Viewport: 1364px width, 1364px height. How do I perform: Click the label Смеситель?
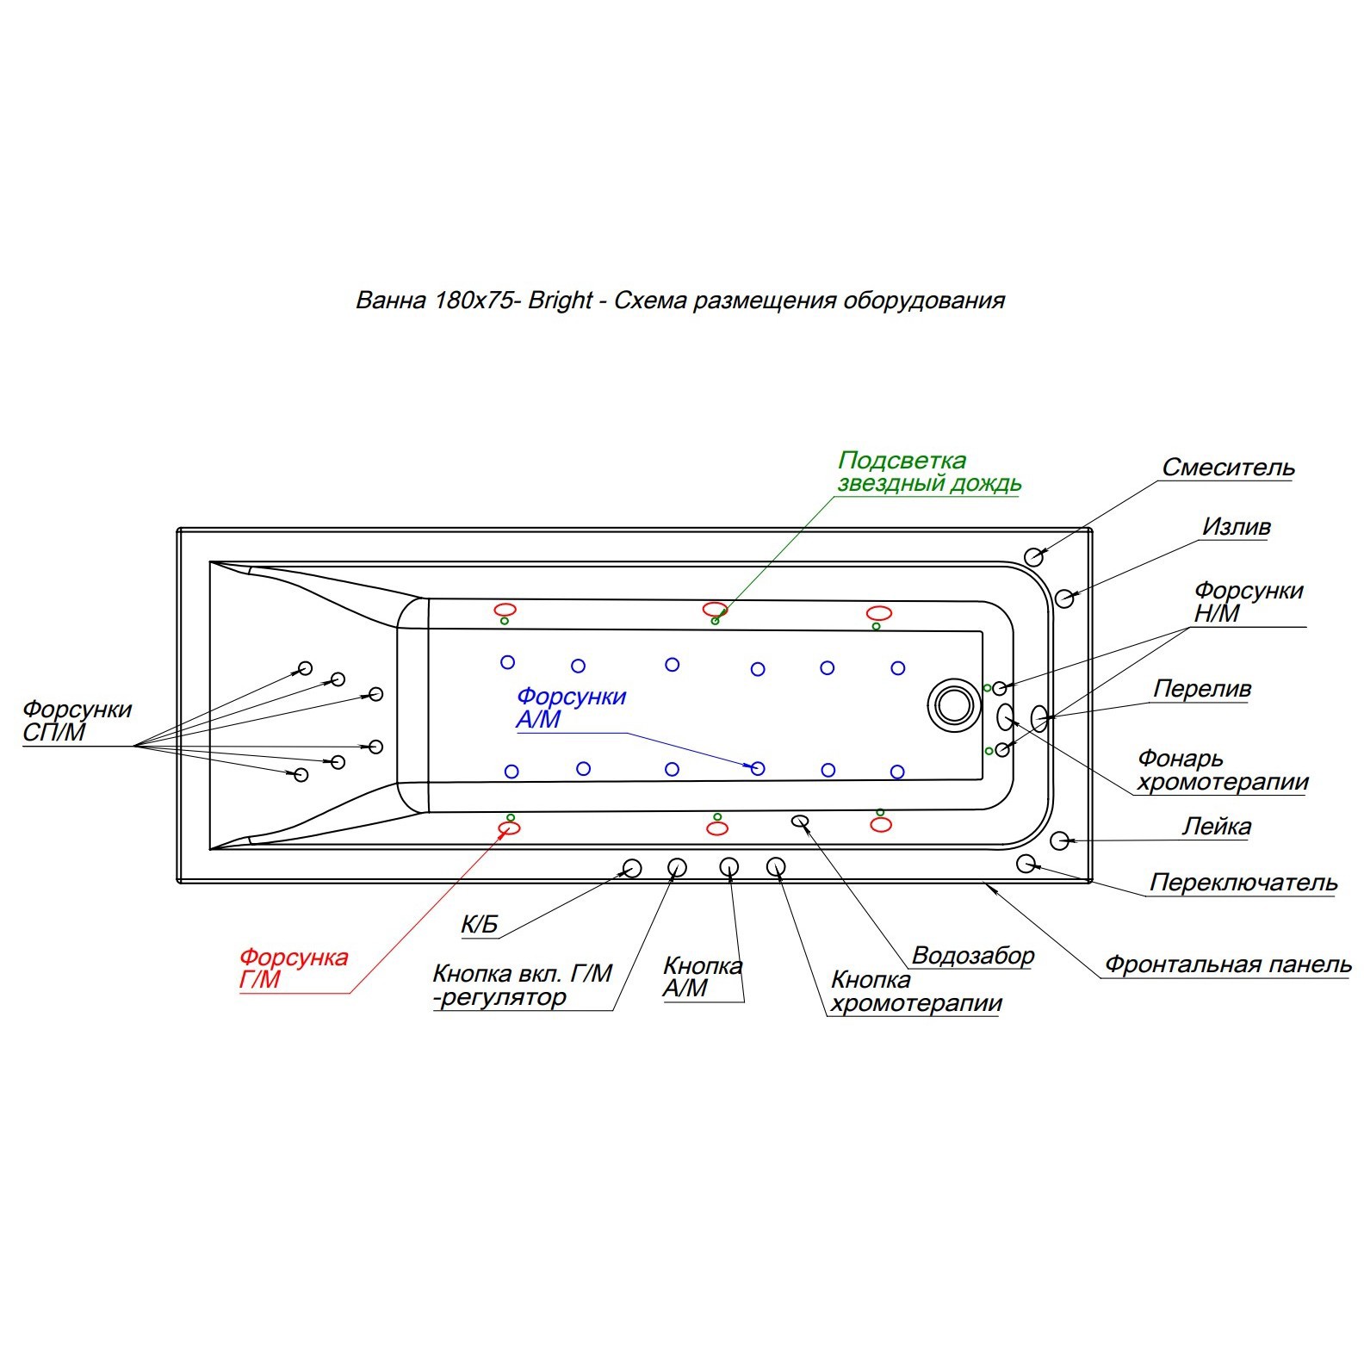(x=1228, y=468)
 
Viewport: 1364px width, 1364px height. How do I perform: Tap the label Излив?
(x=1236, y=526)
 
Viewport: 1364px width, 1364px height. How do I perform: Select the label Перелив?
(x=1202, y=689)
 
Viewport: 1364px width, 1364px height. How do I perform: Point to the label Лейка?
(x=1216, y=827)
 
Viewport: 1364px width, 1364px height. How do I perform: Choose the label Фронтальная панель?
(x=1228, y=964)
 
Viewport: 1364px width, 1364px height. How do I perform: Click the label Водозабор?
(x=972, y=956)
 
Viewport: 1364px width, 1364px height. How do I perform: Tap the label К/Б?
(x=480, y=925)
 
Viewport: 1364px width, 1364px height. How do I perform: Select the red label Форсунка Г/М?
(x=294, y=969)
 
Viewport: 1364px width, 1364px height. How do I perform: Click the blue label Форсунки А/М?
(x=571, y=708)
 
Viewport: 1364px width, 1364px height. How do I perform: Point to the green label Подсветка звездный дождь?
(x=929, y=472)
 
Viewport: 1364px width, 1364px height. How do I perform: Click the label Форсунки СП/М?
(x=77, y=721)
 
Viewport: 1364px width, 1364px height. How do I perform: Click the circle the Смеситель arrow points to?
(x=1034, y=556)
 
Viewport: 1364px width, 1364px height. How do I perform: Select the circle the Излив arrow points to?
(x=1065, y=598)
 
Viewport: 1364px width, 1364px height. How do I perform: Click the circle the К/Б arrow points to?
(x=632, y=868)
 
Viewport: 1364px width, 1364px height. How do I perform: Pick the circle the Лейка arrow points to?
(x=1060, y=840)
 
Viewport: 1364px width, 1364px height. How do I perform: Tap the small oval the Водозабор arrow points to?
(x=800, y=821)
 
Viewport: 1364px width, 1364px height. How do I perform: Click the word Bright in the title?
(x=560, y=301)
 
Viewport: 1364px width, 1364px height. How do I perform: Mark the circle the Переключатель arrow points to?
(x=1026, y=863)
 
